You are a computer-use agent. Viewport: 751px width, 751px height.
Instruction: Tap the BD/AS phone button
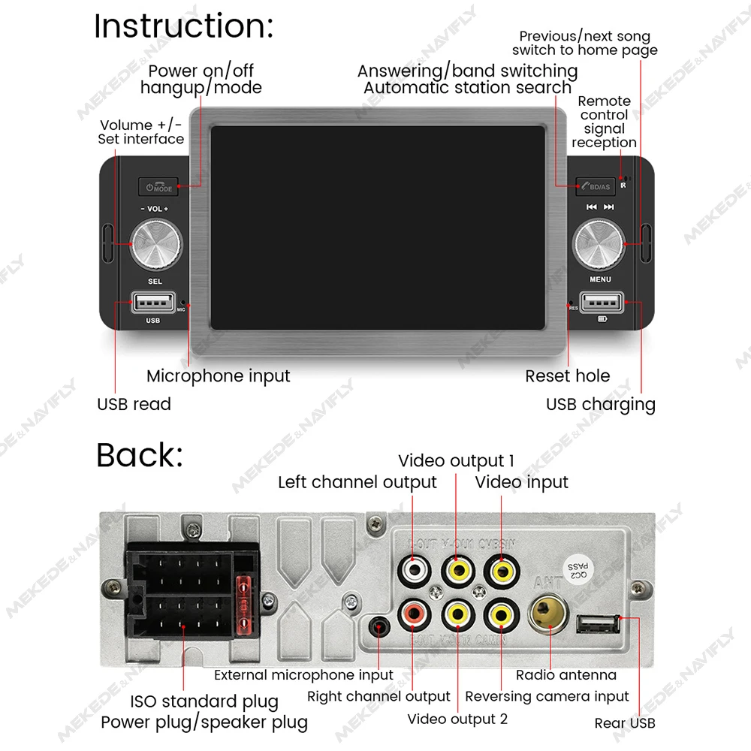tap(596, 186)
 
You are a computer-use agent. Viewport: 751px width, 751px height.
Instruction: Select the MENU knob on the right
tap(599, 243)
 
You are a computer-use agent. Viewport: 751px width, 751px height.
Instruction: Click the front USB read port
tap(153, 303)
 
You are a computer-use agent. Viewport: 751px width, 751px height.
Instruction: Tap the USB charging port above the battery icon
tap(601, 303)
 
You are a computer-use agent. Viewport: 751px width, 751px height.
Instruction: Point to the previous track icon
tap(592, 207)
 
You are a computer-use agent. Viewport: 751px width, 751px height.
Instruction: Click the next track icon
tap(609, 207)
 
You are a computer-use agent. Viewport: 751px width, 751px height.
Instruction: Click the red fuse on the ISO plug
tap(243, 602)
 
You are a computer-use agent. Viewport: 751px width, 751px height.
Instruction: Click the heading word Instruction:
tap(184, 26)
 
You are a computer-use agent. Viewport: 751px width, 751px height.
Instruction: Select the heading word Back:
tap(140, 455)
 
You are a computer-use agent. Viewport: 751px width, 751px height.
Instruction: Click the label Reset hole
tap(567, 375)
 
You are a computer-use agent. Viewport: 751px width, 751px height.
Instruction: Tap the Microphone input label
tap(218, 375)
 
